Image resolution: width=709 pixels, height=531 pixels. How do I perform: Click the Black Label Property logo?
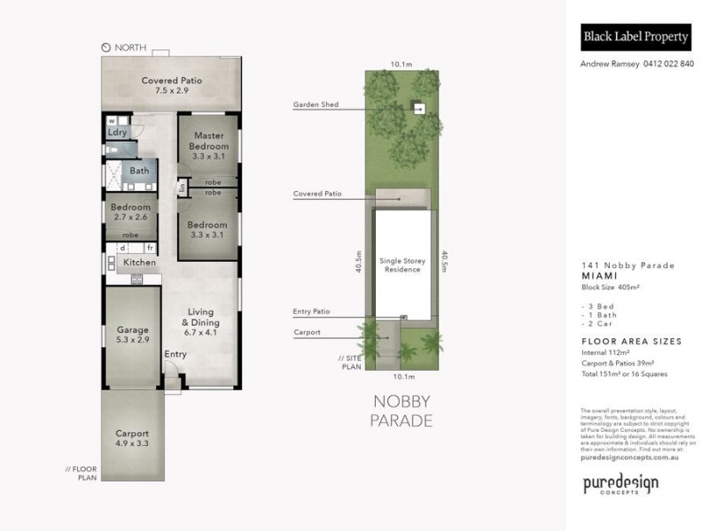click(x=635, y=37)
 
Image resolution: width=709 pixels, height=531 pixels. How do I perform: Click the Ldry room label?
click(x=118, y=132)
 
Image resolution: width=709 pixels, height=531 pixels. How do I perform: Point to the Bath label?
click(x=139, y=171)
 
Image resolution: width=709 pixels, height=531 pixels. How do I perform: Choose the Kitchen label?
click(x=139, y=262)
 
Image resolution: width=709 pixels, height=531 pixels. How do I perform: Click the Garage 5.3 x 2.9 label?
click(x=133, y=335)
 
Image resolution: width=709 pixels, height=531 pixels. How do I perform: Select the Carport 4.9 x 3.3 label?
click(x=131, y=438)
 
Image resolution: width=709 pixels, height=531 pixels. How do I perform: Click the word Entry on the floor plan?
click(x=175, y=355)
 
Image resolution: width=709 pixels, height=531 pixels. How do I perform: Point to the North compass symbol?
click(x=106, y=47)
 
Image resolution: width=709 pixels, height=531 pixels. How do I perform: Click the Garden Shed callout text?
click(x=316, y=104)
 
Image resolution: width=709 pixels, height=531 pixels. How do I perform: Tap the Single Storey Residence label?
click(x=402, y=265)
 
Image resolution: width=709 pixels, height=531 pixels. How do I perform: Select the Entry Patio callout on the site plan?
click(x=311, y=312)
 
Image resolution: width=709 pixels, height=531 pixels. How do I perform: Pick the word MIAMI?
click(x=599, y=275)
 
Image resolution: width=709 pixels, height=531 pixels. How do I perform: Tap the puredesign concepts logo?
click(x=620, y=485)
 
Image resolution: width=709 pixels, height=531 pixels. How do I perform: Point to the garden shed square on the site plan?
click(x=420, y=109)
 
